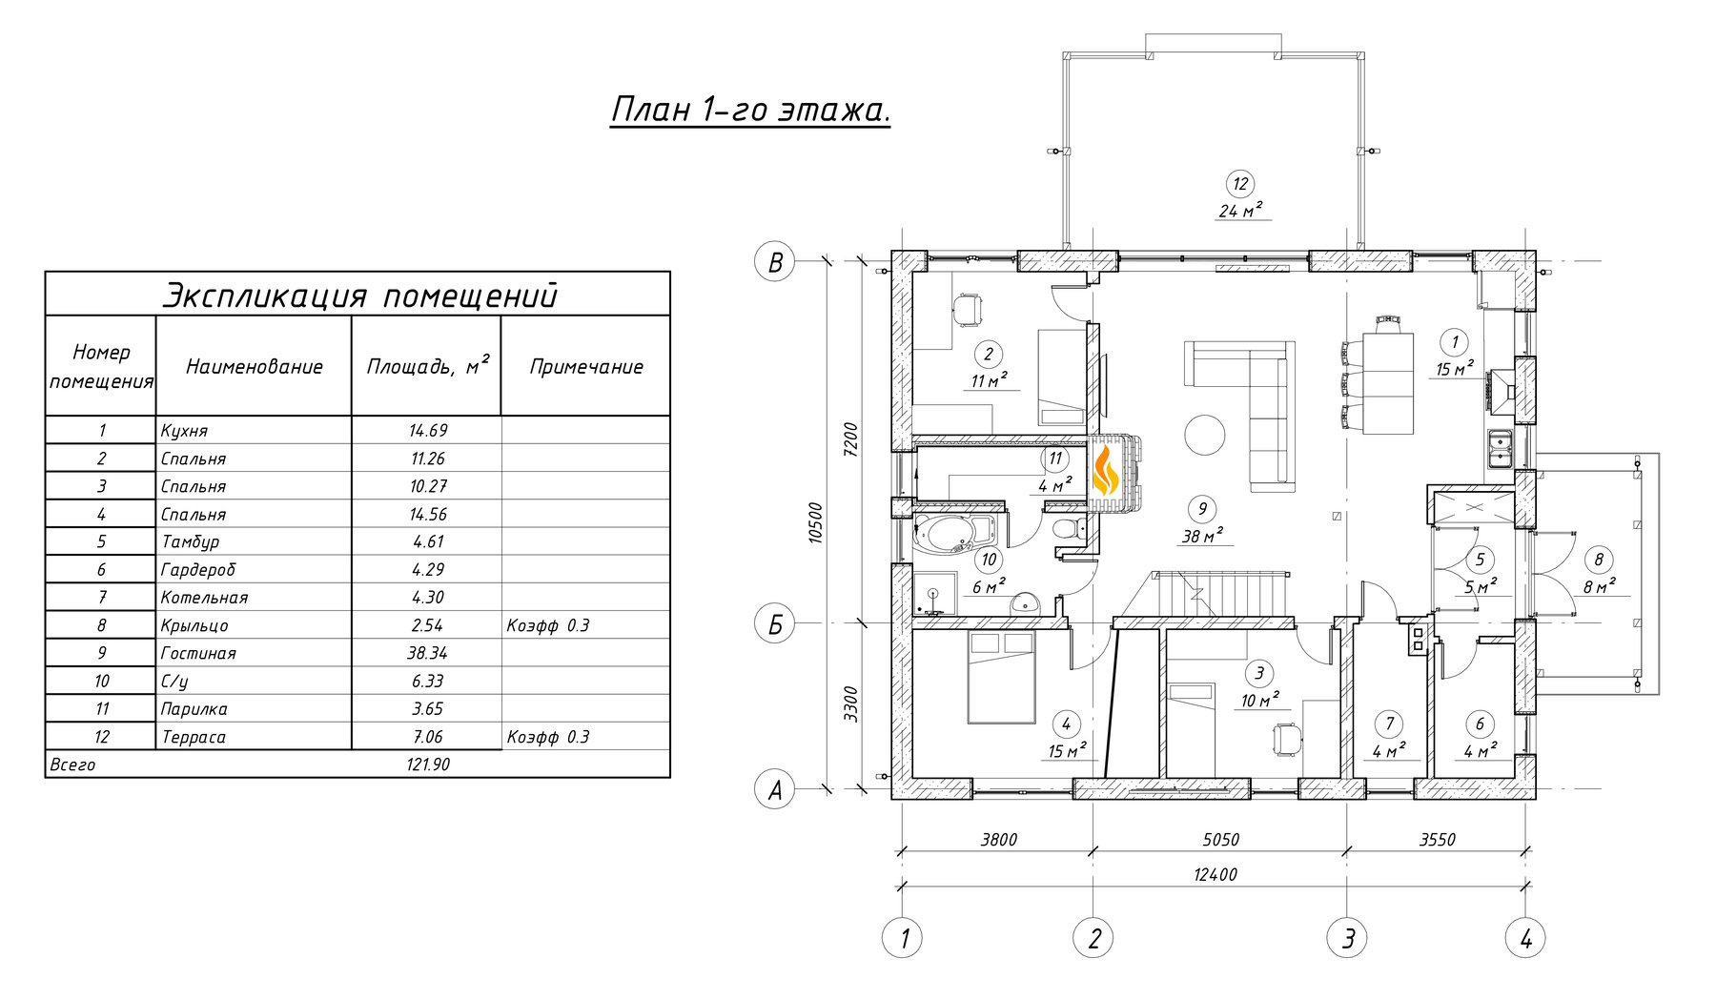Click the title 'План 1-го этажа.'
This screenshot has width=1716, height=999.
750,110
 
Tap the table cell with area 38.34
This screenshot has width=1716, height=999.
427,653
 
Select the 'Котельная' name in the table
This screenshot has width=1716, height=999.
204,598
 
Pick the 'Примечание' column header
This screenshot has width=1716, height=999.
586,367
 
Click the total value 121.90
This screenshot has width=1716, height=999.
427,765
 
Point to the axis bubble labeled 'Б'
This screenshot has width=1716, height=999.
775,624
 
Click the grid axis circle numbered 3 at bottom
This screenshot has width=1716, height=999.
1347,938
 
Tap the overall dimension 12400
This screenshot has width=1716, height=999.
1215,874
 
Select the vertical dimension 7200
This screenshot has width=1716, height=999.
850,439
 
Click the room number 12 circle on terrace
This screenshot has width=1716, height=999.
1239,184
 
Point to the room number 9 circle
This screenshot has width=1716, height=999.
1202,508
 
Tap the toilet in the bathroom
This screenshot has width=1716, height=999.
1067,530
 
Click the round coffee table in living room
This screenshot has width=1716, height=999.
1205,436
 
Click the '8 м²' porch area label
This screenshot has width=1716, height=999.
1599,586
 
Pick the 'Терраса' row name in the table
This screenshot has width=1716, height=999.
194,737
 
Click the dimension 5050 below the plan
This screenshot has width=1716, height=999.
1220,840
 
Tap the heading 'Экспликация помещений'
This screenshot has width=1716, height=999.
358,295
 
